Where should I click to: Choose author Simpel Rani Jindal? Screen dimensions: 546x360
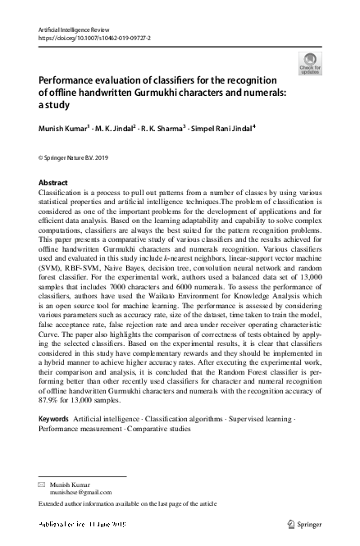[224, 129]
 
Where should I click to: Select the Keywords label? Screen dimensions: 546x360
[54, 419]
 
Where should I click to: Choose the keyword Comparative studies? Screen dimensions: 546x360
[157, 428]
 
